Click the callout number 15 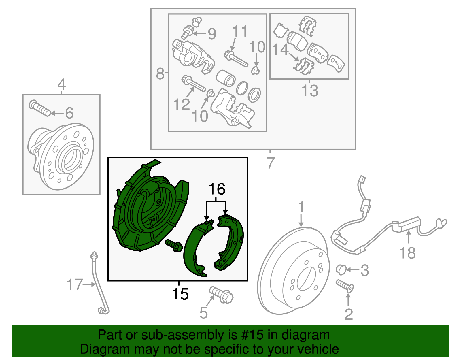[180, 294]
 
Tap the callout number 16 [217, 189]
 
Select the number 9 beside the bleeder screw [212, 34]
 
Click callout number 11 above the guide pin [240, 31]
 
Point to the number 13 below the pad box [310, 91]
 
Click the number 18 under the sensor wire [407, 253]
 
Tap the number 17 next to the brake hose [75, 284]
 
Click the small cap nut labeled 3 [341, 269]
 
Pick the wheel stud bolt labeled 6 [40, 108]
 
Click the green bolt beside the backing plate [174, 245]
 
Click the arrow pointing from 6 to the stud [57, 113]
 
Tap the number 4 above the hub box [61, 85]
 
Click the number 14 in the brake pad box [280, 50]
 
